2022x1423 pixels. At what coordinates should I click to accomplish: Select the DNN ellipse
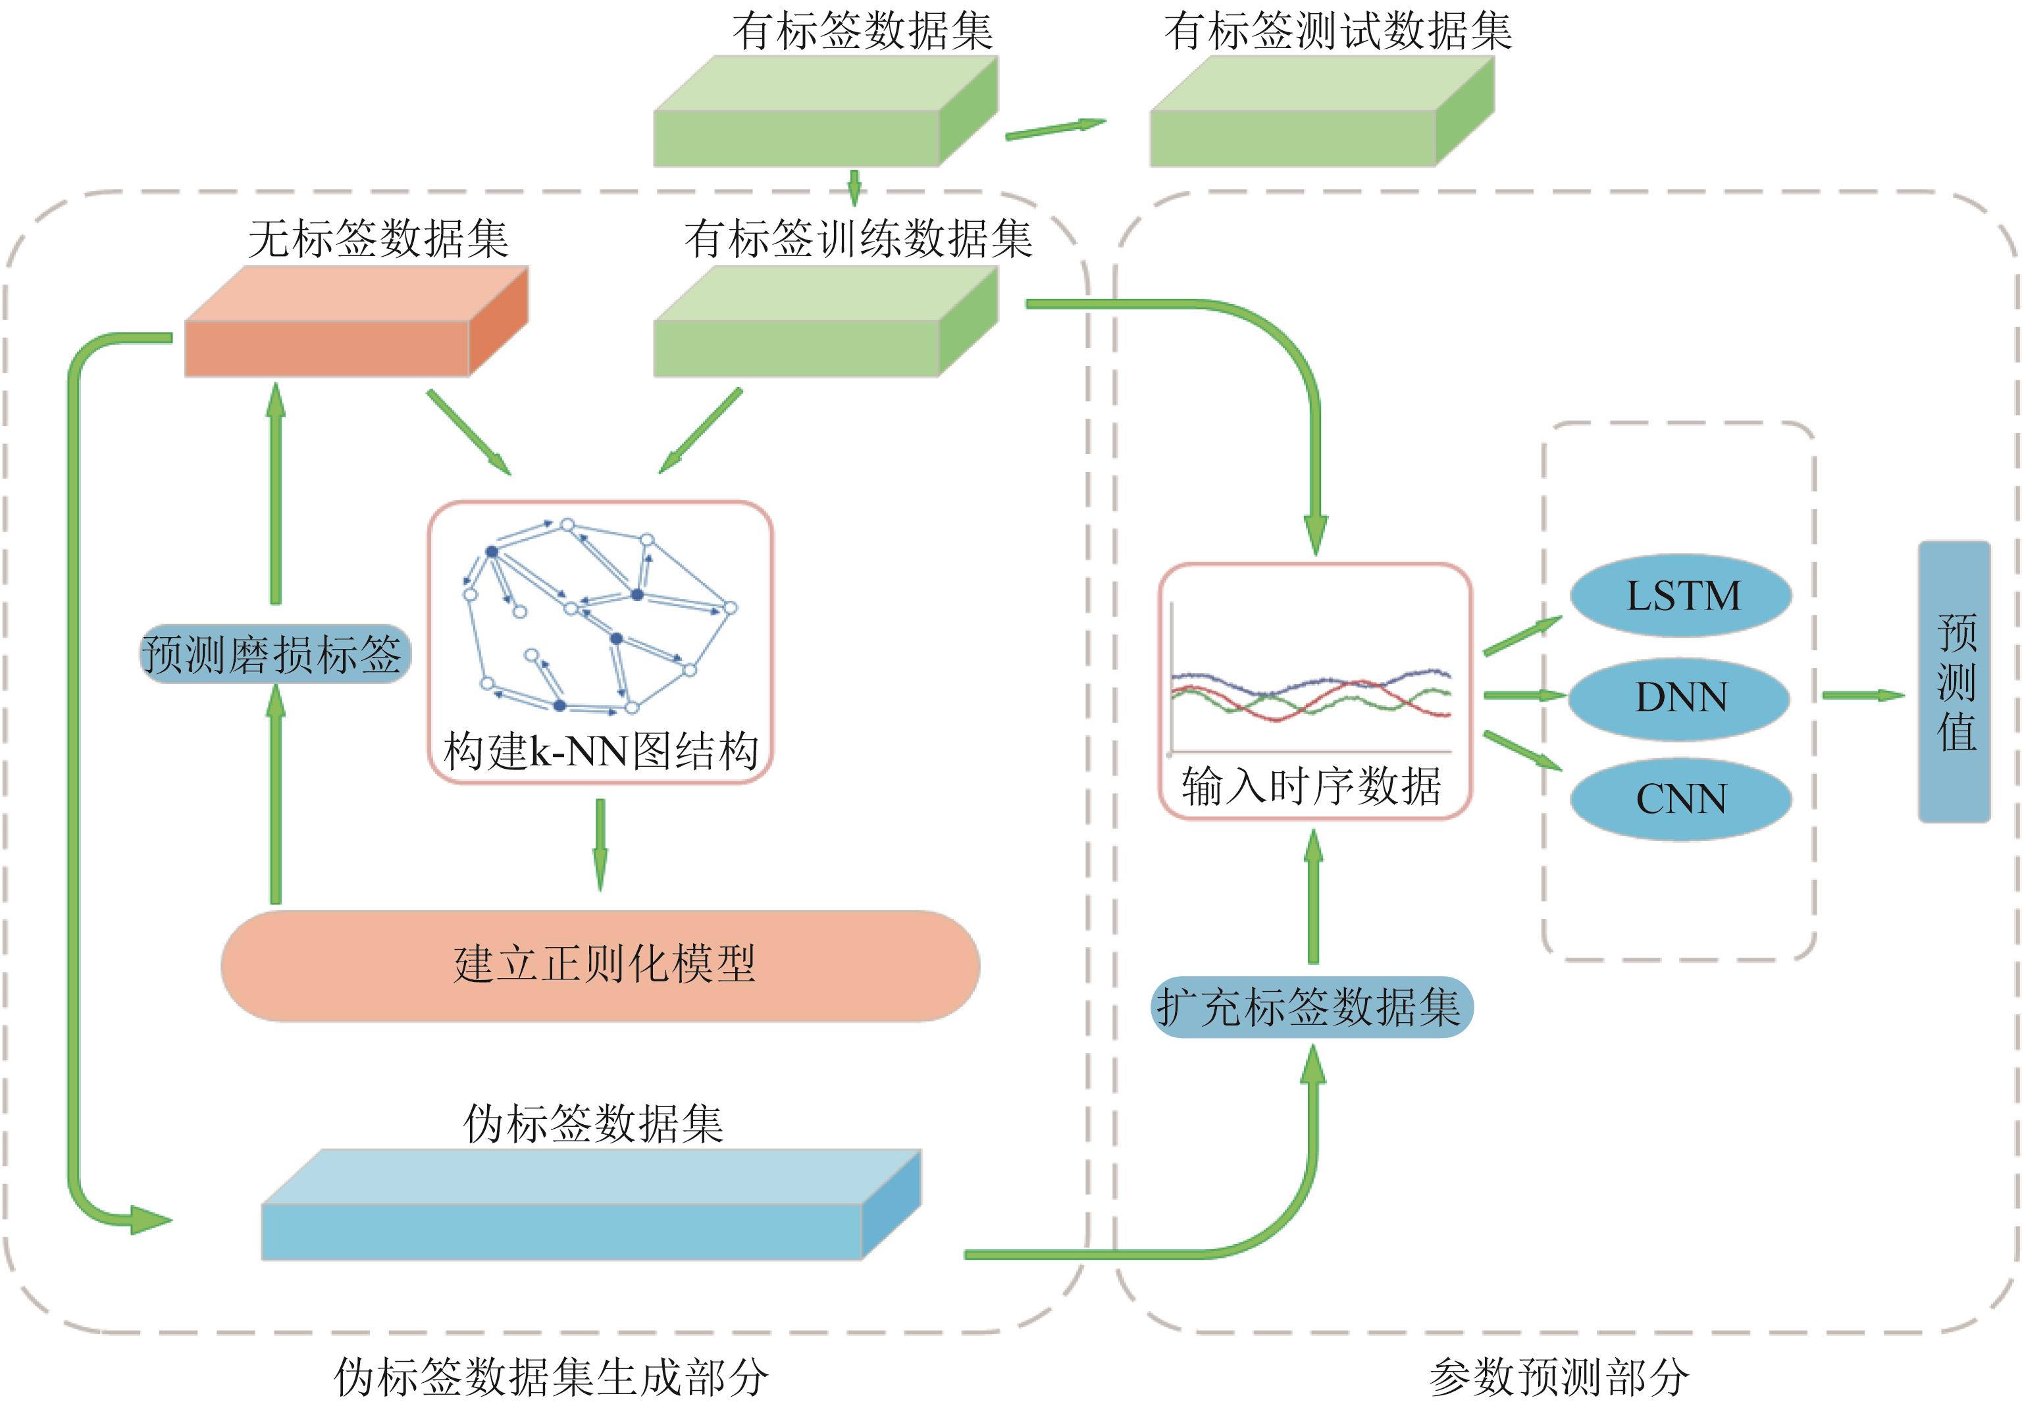pyautogui.click(x=1680, y=698)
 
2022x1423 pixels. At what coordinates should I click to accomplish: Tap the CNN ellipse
pyautogui.click(x=1680, y=798)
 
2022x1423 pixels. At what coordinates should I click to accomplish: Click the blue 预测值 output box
pyautogui.click(x=1955, y=683)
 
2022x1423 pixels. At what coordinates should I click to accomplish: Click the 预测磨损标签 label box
pyautogui.click(x=274, y=654)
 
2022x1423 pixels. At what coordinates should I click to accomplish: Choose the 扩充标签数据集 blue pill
pyautogui.click(x=1311, y=1006)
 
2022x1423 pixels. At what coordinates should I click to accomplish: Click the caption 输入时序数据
pyautogui.click(x=1311, y=787)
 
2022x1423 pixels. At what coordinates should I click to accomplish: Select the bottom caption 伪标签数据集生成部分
pyautogui.click(x=552, y=1377)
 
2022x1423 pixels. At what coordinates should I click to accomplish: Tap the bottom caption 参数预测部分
pyautogui.click(x=1559, y=1377)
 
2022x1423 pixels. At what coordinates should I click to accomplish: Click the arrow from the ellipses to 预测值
pyautogui.click(x=1861, y=696)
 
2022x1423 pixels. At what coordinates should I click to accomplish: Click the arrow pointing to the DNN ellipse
pyautogui.click(x=1524, y=696)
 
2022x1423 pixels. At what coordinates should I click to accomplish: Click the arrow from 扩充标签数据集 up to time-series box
pyautogui.click(x=1313, y=898)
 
